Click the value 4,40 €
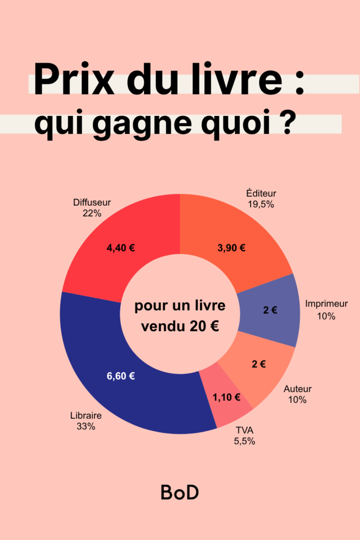click(x=121, y=248)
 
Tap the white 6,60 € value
click(x=121, y=376)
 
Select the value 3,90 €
click(x=231, y=248)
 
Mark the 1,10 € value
click(x=227, y=397)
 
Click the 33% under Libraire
click(x=85, y=427)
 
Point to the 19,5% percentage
click(x=261, y=204)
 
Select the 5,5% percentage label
click(x=245, y=441)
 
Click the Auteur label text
click(x=298, y=389)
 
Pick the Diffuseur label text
click(x=92, y=202)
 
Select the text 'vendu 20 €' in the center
click(x=180, y=326)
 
